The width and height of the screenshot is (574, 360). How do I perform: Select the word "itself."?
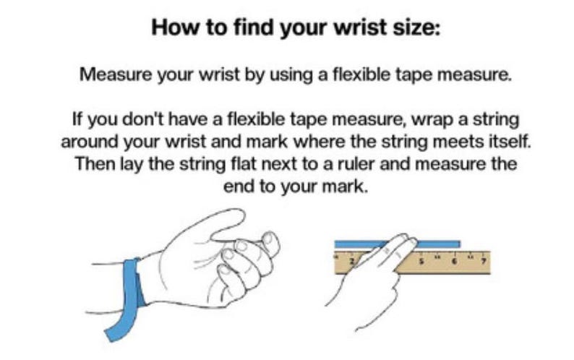tap(510, 142)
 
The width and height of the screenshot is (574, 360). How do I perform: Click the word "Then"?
tap(95, 163)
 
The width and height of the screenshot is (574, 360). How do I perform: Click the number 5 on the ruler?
tap(421, 262)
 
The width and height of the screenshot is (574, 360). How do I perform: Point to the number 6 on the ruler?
tap(454, 262)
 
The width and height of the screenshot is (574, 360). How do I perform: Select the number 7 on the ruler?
tap(484, 262)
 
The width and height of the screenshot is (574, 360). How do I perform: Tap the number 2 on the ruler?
tap(352, 262)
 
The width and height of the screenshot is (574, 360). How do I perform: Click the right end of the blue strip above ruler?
tap(459, 244)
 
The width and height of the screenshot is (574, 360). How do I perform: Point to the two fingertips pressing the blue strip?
tap(406, 241)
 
